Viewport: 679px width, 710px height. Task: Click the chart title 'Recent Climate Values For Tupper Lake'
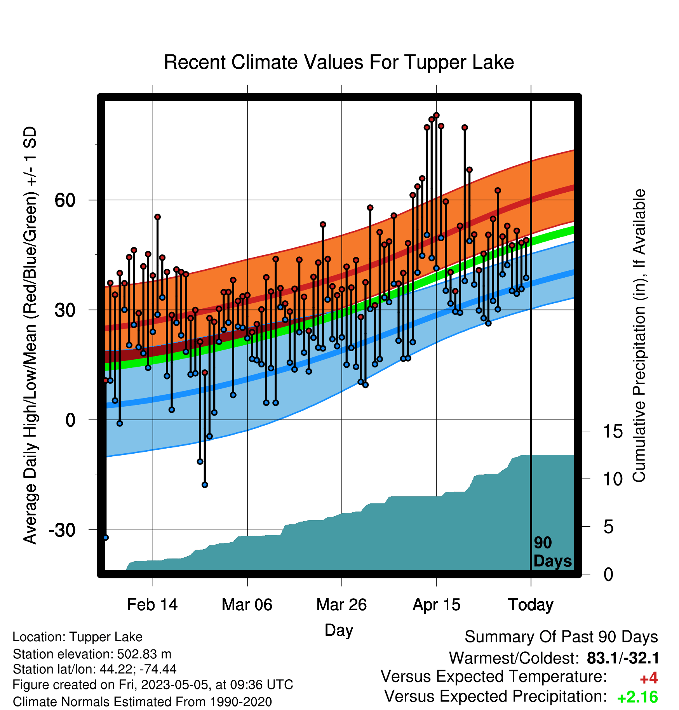tap(339, 63)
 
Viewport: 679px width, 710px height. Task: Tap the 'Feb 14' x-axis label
tap(152, 605)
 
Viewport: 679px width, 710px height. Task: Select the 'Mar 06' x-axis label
tap(247, 605)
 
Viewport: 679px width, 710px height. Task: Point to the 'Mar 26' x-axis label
tap(341, 605)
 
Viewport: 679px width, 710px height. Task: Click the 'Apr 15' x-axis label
tap(436, 605)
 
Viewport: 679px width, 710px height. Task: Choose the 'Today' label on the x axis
tap(531, 605)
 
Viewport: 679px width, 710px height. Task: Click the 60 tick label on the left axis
tap(65, 200)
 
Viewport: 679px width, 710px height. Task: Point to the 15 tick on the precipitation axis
tap(613, 432)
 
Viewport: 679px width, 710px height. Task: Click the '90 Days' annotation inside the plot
tap(552, 552)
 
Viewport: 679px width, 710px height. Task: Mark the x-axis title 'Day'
tap(339, 630)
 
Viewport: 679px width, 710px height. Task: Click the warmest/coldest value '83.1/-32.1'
tap(623, 658)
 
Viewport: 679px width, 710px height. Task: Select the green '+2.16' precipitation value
tap(637, 698)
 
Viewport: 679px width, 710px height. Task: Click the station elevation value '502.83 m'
tap(144, 654)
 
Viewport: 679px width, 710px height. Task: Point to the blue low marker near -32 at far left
tap(106, 538)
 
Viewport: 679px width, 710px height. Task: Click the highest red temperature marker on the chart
tap(436, 115)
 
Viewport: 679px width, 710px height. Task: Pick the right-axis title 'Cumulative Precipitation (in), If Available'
tap(639, 336)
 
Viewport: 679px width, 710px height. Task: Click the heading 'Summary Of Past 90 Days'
tap(561, 637)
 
